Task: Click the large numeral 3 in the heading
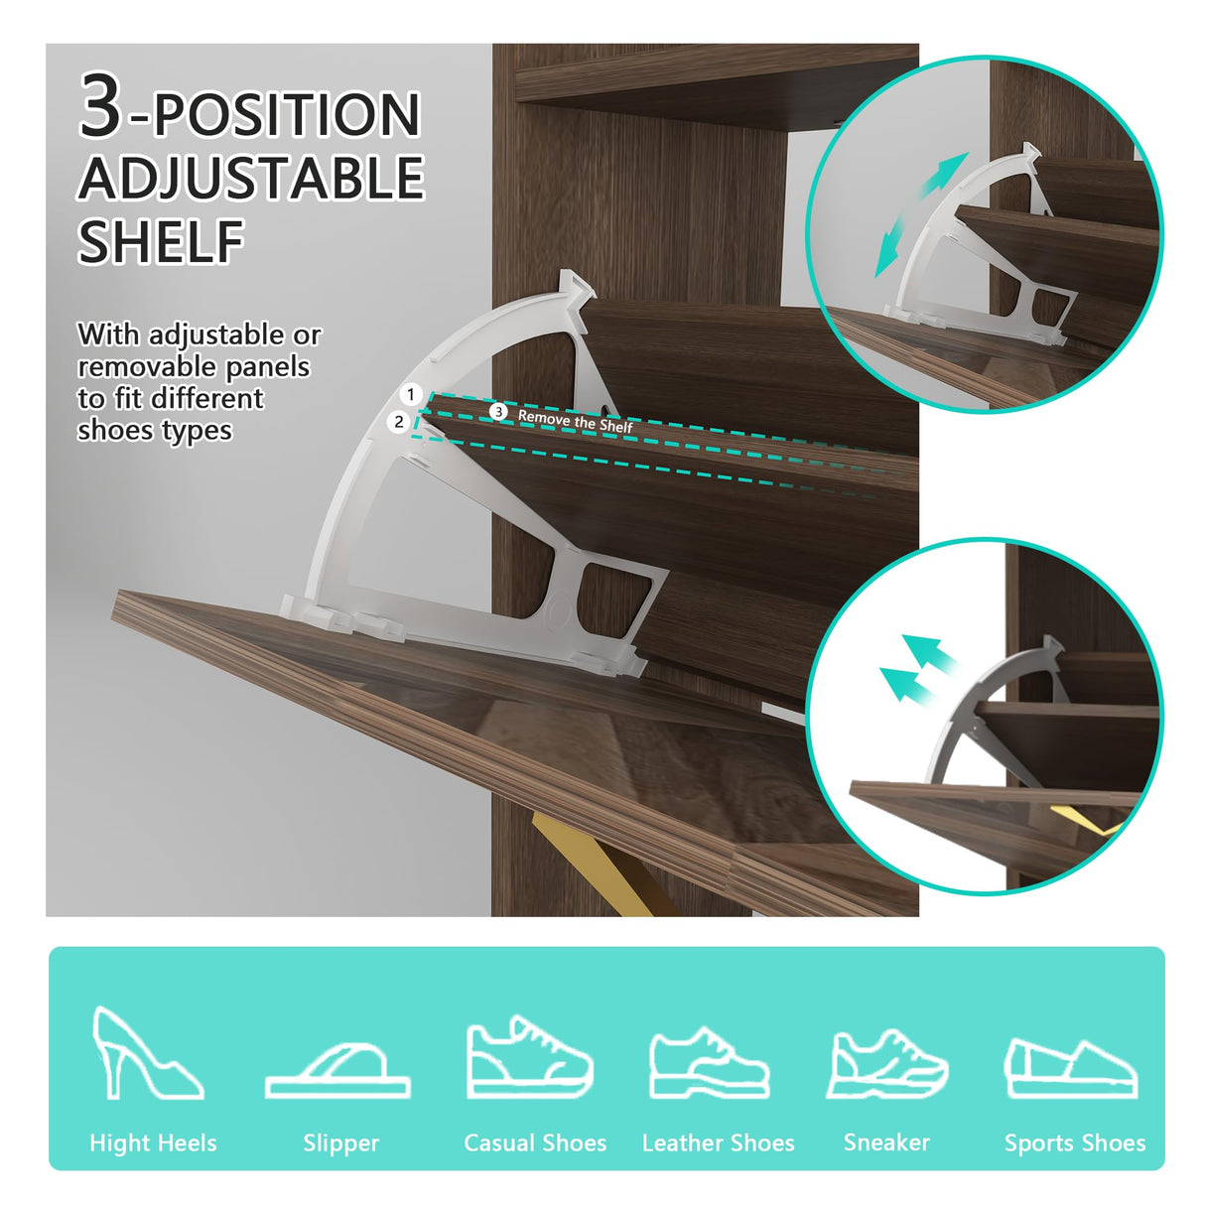click(x=100, y=104)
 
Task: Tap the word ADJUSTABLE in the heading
click(x=251, y=178)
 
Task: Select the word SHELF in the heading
click(x=161, y=241)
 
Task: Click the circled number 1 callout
click(x=410, y=395)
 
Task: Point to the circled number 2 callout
click(x=398, y=422)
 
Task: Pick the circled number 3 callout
click(x=498, y=412)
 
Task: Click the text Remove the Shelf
click(x=576, y=422)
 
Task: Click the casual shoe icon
click(x=529, y=1057)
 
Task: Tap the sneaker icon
click(x=886, y=1064)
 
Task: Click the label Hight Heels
click(x=153, y=1143)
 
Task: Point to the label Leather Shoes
click(x=718, y=1143)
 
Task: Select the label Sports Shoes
click(x=1075, y=1143)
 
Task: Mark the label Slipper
click(x=340, y=1143)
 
